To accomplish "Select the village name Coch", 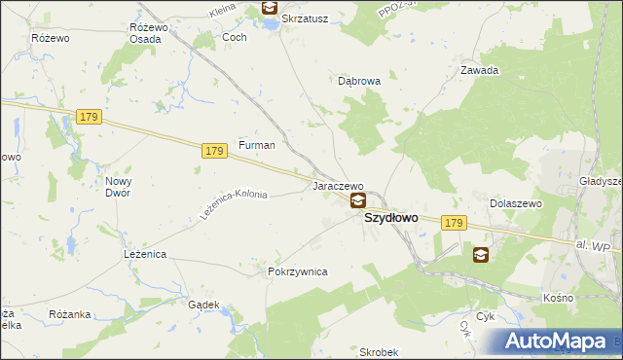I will coord(235,37).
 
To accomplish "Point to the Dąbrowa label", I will coord(358,82).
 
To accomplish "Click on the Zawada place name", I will coord(480,70).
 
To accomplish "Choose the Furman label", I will coord(257,145).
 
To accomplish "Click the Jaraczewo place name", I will coord(337,185).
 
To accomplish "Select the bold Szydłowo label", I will coord(391,218).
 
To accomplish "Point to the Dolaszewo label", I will coord(515,203).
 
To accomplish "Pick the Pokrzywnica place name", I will coord(297,272).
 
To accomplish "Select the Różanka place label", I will coord(69,314).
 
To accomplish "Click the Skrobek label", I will coord(379,351).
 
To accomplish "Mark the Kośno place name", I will coord(559,297).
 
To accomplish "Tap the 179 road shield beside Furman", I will coord(215,151).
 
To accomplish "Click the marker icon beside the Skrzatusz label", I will coord(268,10).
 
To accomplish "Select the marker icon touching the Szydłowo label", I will coord(358,201).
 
